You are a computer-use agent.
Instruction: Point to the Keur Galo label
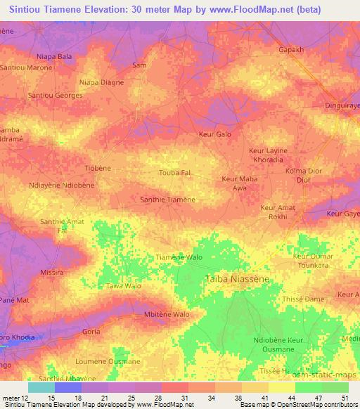(215, 134)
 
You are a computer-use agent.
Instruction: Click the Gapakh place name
(291, 51)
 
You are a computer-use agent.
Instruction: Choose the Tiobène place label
(98, 169)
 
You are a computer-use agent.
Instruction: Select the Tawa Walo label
(124, 287)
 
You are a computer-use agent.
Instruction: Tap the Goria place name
(91, 331)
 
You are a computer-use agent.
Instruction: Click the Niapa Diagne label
(102, 82)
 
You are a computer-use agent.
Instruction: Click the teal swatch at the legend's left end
(41, 387)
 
